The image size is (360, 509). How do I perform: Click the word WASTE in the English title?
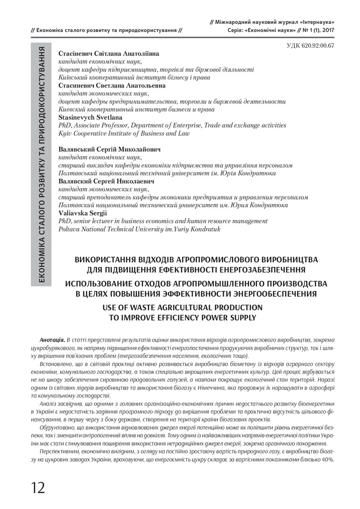click(140, 306)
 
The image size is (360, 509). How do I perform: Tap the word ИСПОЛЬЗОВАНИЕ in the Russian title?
click(110, 283)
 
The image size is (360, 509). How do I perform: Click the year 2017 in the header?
click(324, 30)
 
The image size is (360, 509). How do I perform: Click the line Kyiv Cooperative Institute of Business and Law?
click(124, 133)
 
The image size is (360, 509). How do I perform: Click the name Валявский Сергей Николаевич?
click(106, 181)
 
